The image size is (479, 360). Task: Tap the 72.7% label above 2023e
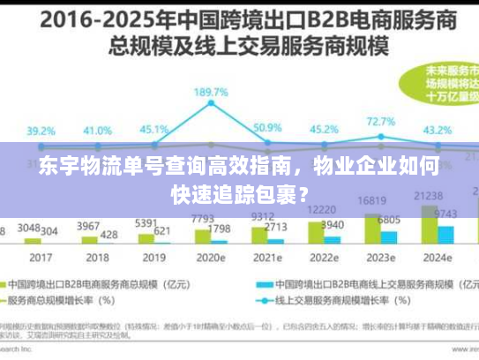pos(380,122)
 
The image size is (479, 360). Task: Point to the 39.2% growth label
pos(41,131)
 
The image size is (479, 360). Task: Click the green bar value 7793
pos(203,218)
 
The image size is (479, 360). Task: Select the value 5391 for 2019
pos(146,223)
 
